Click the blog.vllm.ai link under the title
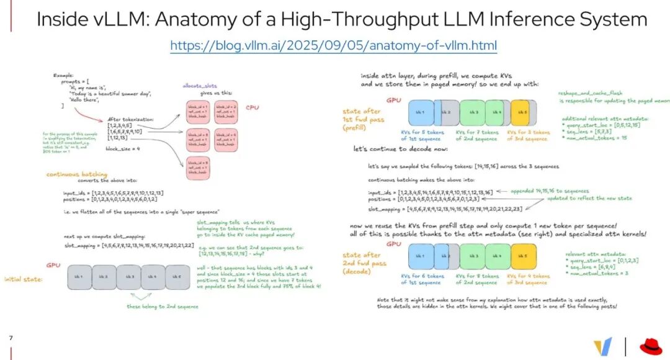[x=334, y=46]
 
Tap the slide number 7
[x=11, y=338]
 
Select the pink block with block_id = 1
[x=198, y=112]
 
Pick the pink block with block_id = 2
[x=226, y=112]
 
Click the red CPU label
[x=252, y=107]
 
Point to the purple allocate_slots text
[x=199, y=86]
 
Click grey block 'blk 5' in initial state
[x=177, y=277]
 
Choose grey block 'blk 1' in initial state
[x=79, y=277]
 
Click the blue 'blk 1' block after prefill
[x=420, y=113]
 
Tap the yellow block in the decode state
[x=522, y=256]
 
